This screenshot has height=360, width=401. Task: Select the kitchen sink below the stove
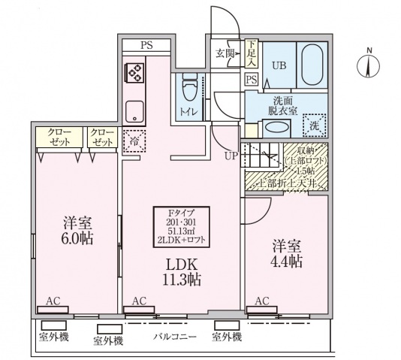tap(135, 111)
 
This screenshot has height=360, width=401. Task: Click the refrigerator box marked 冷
tap(135, 141)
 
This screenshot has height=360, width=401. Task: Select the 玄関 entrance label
tap(225, 53)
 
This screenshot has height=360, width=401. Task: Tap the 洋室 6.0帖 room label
tap(77, 232)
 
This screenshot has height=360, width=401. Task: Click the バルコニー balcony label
tap(175, 337)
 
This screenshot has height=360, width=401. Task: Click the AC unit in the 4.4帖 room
tap(262, 307)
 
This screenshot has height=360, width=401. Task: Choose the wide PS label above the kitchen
tap(147, 45)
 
